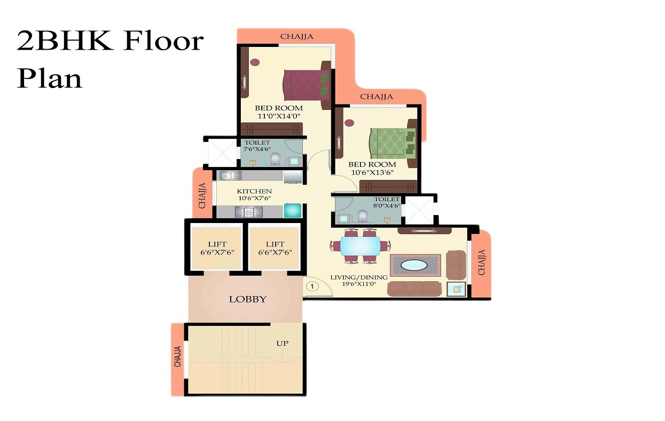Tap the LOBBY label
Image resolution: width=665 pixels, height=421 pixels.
(x=247, y=299)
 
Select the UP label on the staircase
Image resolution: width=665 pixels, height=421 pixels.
(x=282, y=343)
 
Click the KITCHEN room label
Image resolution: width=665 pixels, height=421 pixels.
(x=254, y=191)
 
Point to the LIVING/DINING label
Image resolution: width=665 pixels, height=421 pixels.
(x=359, y=277)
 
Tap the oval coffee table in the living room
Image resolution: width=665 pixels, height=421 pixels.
(x=414, y=265)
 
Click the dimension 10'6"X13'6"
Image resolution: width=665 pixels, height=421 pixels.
(x=372, y=172)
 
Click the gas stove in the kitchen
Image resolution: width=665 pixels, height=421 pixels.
(x=248, y=212)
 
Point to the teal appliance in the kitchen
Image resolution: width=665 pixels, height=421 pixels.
(x=292, y=210)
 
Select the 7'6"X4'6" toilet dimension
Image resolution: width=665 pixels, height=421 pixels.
(x=257, y=149)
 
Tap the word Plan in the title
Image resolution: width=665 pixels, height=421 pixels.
(x=50, y=78)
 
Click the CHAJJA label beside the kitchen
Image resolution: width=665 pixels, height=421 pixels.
(x=202, y=195)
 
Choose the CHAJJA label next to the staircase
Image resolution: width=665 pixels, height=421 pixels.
(x=178, y=356)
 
